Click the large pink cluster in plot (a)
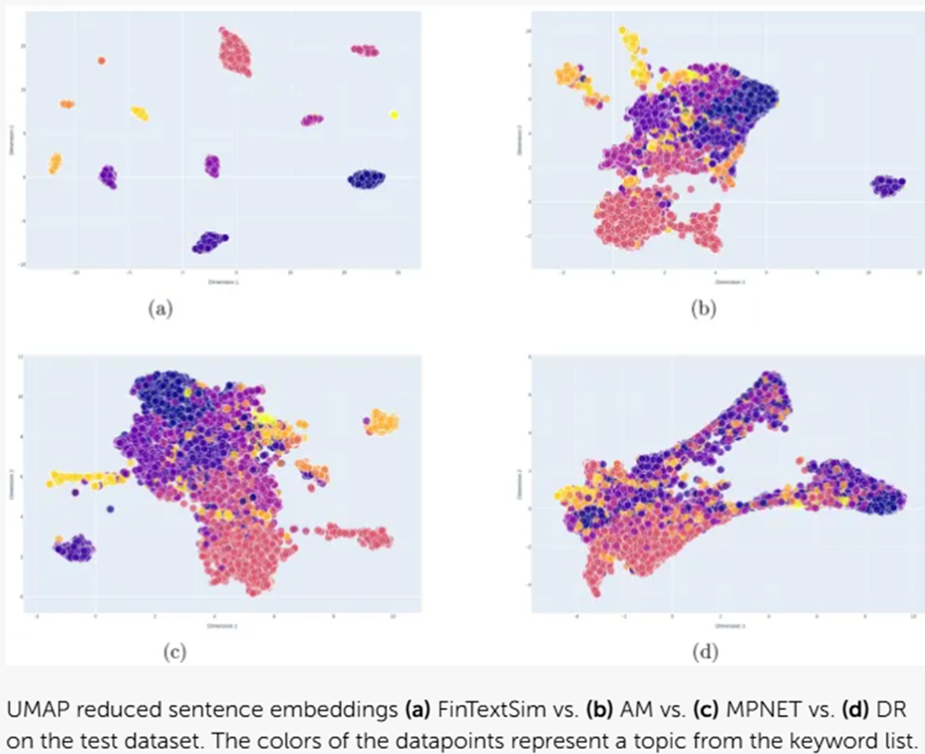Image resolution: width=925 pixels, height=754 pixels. [x=235, y=53]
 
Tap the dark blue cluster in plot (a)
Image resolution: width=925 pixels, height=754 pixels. [x=366, y=179]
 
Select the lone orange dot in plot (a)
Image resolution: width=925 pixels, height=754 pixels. [x=101, y=61]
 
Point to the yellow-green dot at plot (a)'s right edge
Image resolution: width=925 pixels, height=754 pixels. [x=394, y=115]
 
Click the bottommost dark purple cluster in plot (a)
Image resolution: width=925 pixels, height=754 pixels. [x=209, y=243]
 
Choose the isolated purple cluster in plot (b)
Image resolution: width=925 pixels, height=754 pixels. [x=887, y=185]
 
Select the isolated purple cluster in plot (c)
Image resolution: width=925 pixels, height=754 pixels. [x=74, y=548]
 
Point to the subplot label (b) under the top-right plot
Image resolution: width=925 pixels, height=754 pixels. [x=703, y=309]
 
